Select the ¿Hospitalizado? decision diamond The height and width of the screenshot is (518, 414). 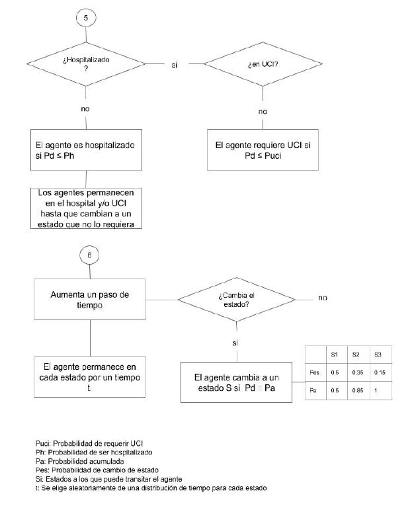click(86, 64)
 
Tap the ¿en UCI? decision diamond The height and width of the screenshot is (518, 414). click(263, 64)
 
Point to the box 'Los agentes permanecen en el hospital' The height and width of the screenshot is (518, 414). click(87, 208)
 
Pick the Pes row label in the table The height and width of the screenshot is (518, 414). click(315, 372)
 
